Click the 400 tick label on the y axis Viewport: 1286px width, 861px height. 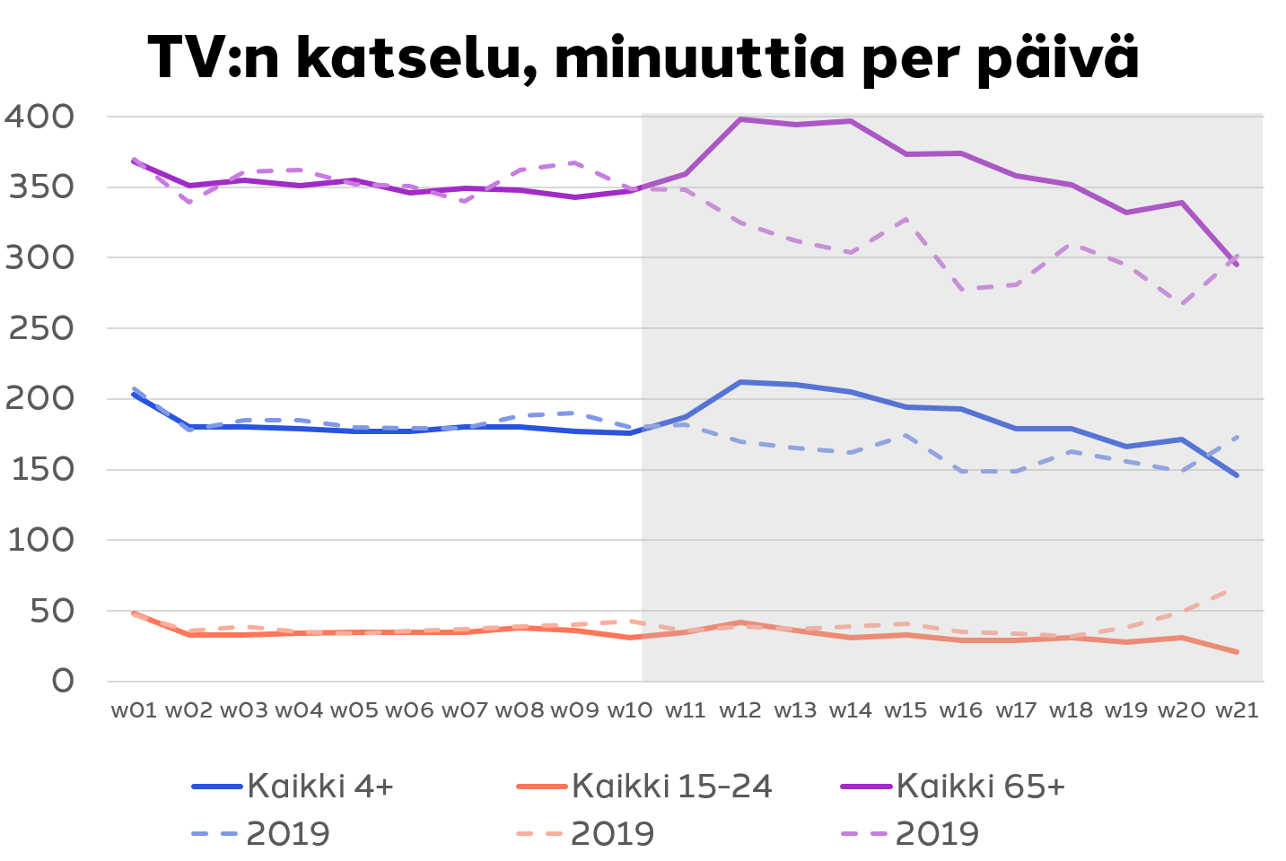[39, 117]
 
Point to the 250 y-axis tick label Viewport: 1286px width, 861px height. [39, 329]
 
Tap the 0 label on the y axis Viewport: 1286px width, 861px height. [63, 682]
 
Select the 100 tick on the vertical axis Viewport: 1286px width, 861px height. [40, 541]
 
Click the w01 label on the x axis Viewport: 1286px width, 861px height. [134, 710]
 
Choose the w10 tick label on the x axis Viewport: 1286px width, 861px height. [630, 710]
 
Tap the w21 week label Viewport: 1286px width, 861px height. [1237, 710]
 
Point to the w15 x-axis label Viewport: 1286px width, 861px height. [905, 710]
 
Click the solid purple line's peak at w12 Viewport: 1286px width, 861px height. [740, 119]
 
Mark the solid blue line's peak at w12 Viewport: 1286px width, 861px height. [740, 382]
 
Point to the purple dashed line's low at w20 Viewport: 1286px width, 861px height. [1182, 304]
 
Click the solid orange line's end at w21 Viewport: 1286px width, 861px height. [1237, 652]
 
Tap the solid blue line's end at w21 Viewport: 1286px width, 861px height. [1237, 475]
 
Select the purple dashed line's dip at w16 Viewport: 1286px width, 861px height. [961, 289]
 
